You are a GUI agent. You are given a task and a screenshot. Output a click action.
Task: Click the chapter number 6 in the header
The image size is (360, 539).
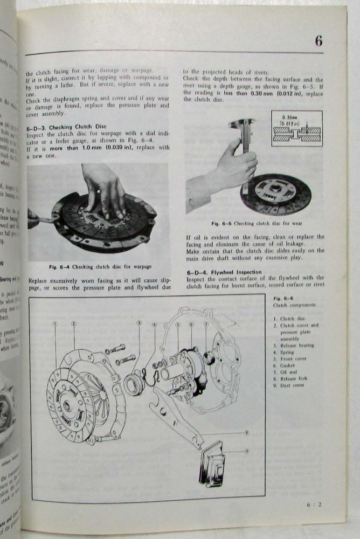319,41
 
